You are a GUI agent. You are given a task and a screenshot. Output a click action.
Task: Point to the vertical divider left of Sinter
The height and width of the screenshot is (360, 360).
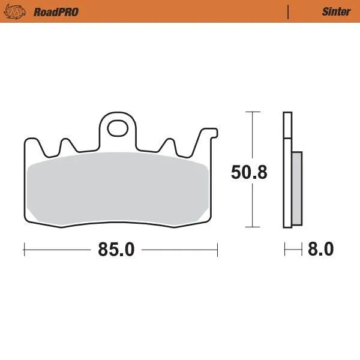[289, 11]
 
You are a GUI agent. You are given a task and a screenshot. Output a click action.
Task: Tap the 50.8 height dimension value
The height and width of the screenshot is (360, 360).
[249, 172]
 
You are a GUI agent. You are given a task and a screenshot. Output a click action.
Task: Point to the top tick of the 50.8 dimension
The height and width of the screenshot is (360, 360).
[253, 112]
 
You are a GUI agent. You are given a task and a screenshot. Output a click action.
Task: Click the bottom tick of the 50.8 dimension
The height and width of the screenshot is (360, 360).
[253, 227]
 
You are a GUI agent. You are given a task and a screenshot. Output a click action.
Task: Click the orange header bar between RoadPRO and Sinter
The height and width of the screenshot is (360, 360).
[180, 11]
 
